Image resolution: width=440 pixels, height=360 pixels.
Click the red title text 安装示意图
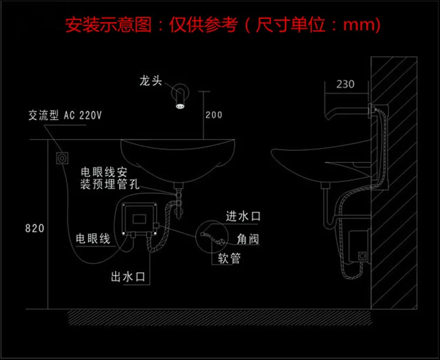pos(109,25)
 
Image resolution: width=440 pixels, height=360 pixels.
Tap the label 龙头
pos(151,81)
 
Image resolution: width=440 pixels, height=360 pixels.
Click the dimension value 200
pos(214,115)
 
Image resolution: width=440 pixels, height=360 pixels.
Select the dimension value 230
pos(346,84)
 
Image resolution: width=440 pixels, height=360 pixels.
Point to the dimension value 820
pos(35,228)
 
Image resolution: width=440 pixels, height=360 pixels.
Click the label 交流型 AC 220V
pos(65,116)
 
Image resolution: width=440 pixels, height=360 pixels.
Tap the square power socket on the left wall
pos(62,158)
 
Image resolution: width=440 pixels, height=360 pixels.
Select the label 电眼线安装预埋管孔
pos(110,178)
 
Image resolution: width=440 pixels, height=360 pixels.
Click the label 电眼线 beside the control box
pos(93,239)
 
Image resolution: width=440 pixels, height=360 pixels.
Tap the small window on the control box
pos(140,219)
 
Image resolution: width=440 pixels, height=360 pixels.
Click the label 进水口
pos(243,216)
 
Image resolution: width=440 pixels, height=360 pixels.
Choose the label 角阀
pos(248,239)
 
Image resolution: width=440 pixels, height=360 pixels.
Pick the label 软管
pos(229,258)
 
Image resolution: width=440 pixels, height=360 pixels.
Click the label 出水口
pos(128,277)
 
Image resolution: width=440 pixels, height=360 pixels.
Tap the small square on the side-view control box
pos(363,256)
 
